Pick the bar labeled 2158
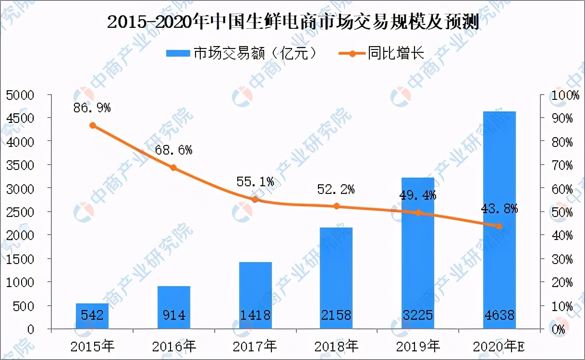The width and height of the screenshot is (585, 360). tap(336, 278)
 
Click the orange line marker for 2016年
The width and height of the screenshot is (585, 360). tap(173, 168)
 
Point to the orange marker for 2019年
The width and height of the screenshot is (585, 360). tap(418, 213)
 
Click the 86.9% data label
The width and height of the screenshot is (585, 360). tap(92, 108)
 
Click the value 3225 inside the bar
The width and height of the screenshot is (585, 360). tap(418, 315)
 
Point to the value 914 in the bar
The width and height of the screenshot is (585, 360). tap(173, 315)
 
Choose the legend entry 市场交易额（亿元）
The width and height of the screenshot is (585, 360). tap(242, 53)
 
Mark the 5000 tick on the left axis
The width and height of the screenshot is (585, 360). tap(20, 95)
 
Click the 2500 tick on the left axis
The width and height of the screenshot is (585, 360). tap(20, 212)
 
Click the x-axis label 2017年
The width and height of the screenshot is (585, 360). tap(255, 346)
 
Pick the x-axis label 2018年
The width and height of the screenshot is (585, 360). tap(336, 346)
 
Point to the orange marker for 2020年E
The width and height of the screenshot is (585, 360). tap(499, 226)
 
